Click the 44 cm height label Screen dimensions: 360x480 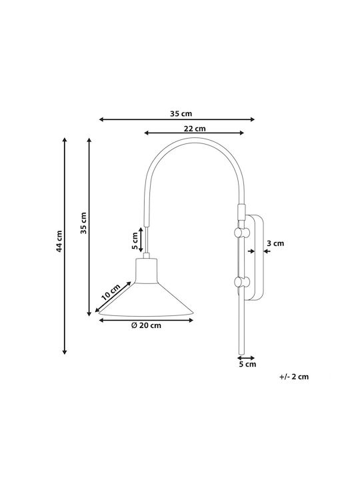pos(59,241)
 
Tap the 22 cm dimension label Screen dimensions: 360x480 pos(195,129)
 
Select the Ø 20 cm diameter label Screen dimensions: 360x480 pos(146,325)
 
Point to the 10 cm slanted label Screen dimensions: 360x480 pos(111,292)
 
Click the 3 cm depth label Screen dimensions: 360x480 pos(275,243)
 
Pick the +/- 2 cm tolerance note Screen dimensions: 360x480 pos(294,377)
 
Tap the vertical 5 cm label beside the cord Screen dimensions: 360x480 pos(135,240)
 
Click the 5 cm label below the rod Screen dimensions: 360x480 pos(247,364)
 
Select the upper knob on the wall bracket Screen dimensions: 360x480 pos(242,233)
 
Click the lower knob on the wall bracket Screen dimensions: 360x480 pos(242,281)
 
